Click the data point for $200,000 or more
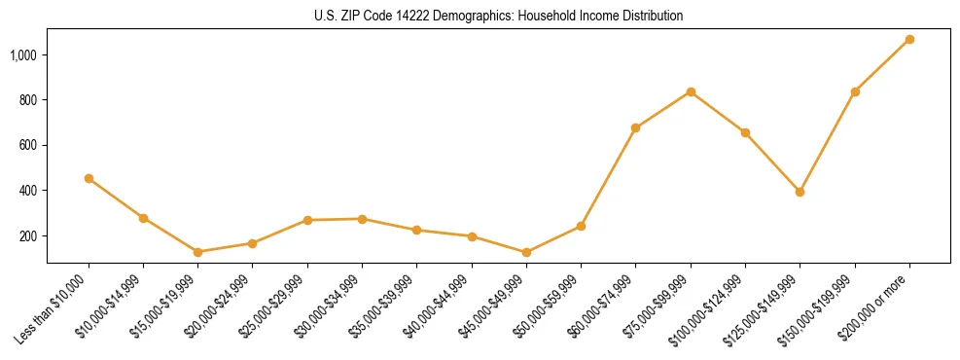click(909, 39)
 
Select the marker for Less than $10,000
click(89, 178)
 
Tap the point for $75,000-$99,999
click(691, 91)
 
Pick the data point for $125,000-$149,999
click(800, 192)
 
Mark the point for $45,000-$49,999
click(526, 252)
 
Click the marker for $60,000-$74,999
click(635, 127)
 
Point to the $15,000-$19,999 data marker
click(197, 252)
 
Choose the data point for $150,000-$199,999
click(855, 91)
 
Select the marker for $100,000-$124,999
click(745, 132)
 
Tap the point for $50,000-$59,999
click(581, 226)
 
